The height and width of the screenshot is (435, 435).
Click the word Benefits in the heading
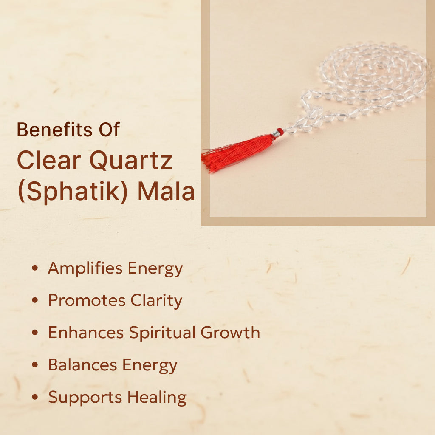tap(54, 130)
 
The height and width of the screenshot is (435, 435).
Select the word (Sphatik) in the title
tap(73, 192)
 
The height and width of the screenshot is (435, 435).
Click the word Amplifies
tap(85, 268)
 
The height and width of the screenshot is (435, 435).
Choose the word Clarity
tap(156, 301)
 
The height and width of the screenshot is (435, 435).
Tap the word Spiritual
tap(162, 333)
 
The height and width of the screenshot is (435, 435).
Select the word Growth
tap(230, 332)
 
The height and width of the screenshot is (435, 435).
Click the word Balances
tap(82, 364)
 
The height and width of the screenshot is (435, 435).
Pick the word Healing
tap(157, 397)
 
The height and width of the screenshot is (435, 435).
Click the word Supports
tap(85, 398)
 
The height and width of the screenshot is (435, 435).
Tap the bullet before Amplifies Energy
tap(35, 268)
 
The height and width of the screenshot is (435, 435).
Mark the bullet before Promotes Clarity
tap(35, 300)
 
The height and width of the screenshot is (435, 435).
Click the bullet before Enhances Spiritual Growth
tap(35, 332)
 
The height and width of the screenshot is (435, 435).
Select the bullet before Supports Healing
tap(35, 397)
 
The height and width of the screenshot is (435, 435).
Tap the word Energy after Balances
tap(150, 365)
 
